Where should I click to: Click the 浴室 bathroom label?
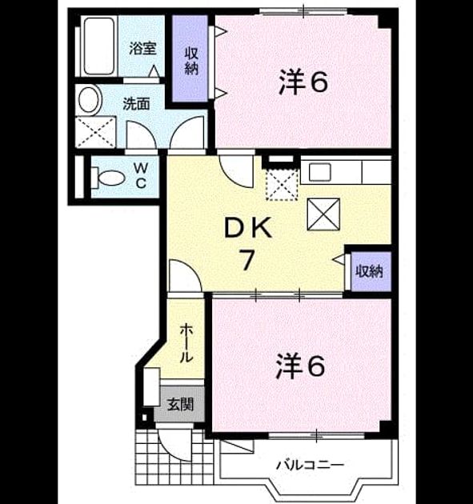(x=142, y=49)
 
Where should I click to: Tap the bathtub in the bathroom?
(x=98, y=46)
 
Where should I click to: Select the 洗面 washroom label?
(x=137, y=104)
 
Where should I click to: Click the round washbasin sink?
(x=89, y=100)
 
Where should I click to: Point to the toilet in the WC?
(x=108, y=178)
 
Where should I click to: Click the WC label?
(x=141, y=175)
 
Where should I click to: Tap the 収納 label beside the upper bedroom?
(x=191, y=62)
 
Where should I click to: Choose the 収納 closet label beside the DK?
(x=370, y=272)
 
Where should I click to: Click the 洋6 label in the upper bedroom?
(x=303, y=82)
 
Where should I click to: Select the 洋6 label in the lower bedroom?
(x=300, y=366)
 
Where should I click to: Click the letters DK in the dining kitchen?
(x=248, y=228)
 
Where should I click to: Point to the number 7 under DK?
(x=247, y=260)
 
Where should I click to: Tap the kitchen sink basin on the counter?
(x=320, y=172)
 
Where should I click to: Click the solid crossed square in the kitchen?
(x=323, y=214)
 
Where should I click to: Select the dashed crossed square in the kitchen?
(x=283, y=184)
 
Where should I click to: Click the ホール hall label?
(x=186, y=343)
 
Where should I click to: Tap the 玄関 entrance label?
(x=180, y=404)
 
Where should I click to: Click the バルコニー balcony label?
(x=311, y=465)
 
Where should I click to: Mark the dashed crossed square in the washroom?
(x=95, y=132)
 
